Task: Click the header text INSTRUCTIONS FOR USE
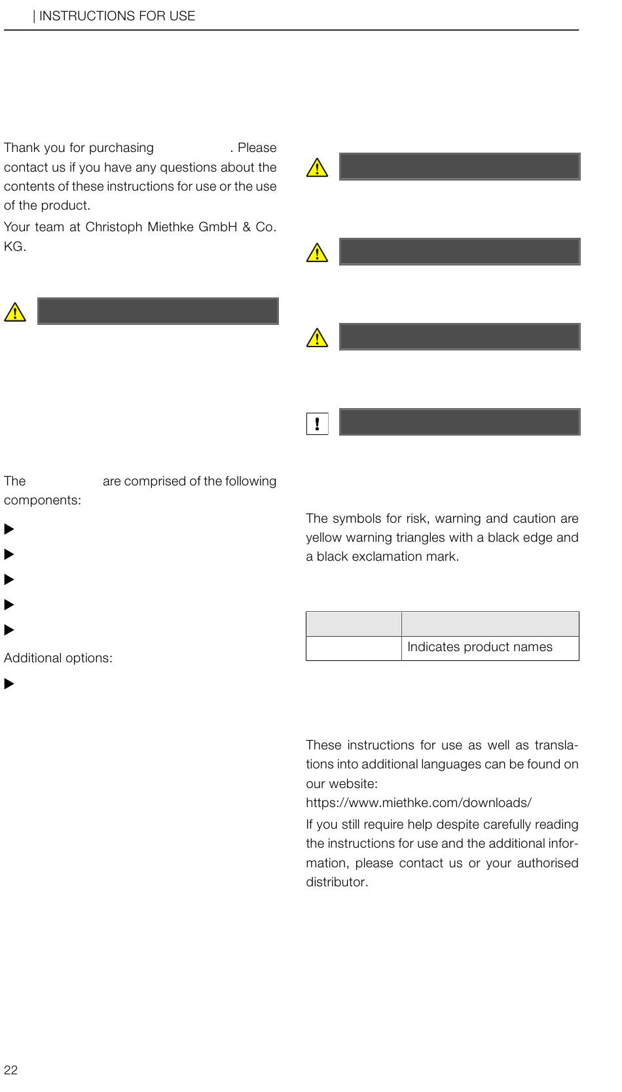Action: (x=117, y=16)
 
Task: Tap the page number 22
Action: (x=11, y=1070)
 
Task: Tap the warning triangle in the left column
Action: (x=15, y=312)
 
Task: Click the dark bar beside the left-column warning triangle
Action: (x=158, y=311)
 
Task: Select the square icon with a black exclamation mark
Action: (x=317, y=423)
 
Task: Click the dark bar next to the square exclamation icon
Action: (x=460, y=422)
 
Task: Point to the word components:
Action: (x=43, y=500)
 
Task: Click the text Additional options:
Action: (x=58, y=658)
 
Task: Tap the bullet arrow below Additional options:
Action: (x=9, y=684)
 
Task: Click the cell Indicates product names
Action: (x=480, y=647)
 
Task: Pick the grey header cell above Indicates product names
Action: (x=490, y=624)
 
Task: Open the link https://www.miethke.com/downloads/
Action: (x=418, y=802)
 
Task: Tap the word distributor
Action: (x=337, y=882)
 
